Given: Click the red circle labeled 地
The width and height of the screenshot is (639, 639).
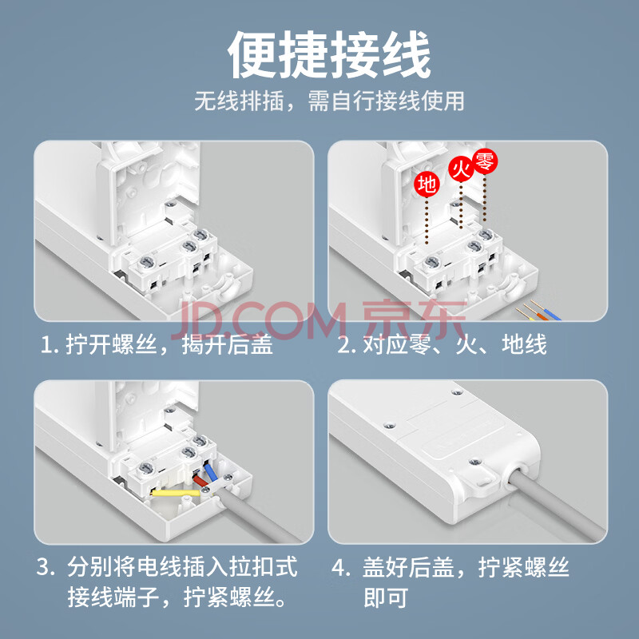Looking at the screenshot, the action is [x=427, y=185].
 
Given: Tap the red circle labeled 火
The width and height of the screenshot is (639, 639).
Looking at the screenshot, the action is [x=462, y=169].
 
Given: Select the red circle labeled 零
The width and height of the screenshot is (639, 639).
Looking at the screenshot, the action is [x=485, y=161].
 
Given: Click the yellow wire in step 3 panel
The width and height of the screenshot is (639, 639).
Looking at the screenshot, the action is [x=175, y=493].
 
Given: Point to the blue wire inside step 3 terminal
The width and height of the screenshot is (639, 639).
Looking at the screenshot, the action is [x=211, y=473].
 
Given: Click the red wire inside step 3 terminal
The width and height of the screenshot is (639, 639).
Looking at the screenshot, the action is [x=200, y=481].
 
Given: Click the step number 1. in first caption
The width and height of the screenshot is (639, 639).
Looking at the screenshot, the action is [x=50, y=346].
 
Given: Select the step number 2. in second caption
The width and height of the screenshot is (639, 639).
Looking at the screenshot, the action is [x=347, y=346].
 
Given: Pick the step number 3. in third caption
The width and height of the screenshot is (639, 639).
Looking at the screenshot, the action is [x=46, y=567].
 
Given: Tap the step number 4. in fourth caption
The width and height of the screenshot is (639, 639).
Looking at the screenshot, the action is [x=341, y=567].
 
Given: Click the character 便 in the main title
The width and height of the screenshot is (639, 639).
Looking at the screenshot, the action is [x=253, y=54].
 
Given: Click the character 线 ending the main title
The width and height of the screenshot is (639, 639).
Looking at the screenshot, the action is [x=406, y=54].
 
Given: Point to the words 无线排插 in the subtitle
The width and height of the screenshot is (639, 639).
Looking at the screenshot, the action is [x=239, y=101].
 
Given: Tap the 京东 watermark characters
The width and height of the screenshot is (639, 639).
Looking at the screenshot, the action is [x=414, y=321].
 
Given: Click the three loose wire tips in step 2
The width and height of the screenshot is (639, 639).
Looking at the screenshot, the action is [x=538, y=311].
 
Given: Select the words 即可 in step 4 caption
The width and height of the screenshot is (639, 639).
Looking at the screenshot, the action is [x=386, y=597].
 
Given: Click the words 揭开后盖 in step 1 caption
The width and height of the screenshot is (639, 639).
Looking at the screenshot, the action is [x=228, y=346].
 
